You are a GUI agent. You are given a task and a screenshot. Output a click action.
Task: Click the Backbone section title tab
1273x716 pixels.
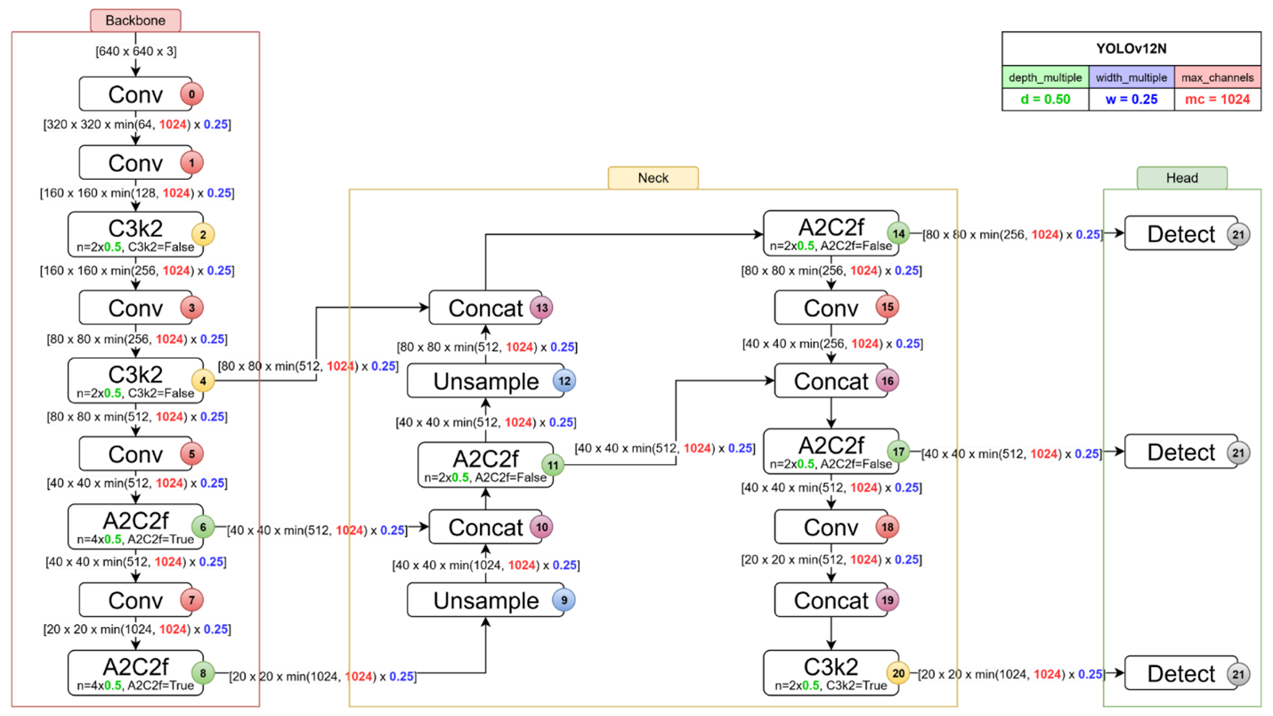click(x=135, y=20)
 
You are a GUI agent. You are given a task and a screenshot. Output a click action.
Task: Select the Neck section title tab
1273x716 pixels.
click(x=653, y=178)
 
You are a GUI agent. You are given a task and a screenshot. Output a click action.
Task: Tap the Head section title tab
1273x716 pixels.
click(x=1181, y=178)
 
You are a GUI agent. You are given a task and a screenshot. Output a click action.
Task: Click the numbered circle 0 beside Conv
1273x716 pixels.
click(x=191, y=94)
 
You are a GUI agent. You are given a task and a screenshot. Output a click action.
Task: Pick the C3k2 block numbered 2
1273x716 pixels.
click(x=135, y=233)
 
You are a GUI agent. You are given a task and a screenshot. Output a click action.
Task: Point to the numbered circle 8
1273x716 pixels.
click(x=203, y=674)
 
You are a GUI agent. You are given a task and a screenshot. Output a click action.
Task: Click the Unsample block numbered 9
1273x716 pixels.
click(x=485, y=600)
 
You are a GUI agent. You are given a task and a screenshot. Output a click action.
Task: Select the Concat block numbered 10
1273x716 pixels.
click(x=485, y=527)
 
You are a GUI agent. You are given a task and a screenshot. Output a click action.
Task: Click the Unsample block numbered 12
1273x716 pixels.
click(x=485, y=381)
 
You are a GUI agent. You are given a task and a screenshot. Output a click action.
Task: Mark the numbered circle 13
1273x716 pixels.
click(x=541, y=308)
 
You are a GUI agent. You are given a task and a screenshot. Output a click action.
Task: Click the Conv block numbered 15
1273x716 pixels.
click(x=831, y=308)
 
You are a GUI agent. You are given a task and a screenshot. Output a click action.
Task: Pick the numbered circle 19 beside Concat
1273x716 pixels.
click(x=887, y=600)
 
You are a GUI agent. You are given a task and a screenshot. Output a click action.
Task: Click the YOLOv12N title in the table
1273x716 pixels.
click(x=1131, y=49)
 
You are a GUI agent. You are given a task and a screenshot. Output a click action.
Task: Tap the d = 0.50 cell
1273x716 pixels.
click(x=1045, y=100)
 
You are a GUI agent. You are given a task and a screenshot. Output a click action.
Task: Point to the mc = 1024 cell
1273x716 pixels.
click(x=1217, y=100)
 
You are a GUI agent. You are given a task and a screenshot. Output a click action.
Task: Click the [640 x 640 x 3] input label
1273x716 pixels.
click(x=135, y=52)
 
